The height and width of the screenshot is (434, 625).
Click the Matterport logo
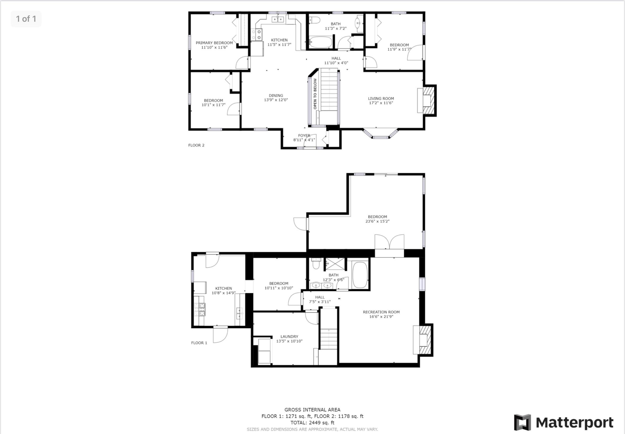(564, 422)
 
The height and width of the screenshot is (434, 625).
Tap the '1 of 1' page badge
(26, 19)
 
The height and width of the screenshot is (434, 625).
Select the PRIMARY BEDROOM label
(215, 43)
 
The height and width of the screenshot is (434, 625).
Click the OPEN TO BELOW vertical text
(315, 94)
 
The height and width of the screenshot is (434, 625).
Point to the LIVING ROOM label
(381, 98)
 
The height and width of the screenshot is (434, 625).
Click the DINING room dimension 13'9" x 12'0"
(276, 100)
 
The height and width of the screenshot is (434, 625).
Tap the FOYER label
(304, 135)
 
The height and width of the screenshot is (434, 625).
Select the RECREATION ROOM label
(381, 312)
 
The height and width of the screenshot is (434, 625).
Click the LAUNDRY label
(289, 336)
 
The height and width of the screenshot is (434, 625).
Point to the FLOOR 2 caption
(196, 145)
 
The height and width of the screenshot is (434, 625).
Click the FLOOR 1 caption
(199, 343)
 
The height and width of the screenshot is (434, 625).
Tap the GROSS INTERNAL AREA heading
(312, 410)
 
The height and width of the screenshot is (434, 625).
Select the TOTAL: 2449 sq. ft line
(312, 423)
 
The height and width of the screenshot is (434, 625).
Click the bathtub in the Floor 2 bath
(321, 42)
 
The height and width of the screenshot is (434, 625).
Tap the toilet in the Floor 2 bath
(315, 20)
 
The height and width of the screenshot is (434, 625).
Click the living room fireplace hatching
(429, 101)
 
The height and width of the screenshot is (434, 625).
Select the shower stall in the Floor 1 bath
(335, 264)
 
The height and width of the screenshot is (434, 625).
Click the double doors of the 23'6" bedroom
(389, 241)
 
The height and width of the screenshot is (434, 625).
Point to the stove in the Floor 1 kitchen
(199, 309)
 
